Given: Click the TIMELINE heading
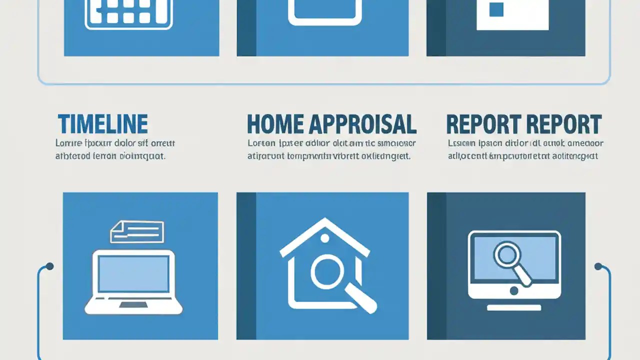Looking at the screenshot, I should point(102,124).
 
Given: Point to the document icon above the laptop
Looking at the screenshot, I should point(137,231).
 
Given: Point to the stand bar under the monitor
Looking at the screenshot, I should point(514,307).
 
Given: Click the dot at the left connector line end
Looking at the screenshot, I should point(49,266).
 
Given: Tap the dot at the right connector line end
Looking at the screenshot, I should point(598,266).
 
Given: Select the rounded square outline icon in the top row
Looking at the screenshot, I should point(324,12).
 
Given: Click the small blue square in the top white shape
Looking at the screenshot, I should point(496,9).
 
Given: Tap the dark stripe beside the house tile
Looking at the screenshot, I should point(246,266).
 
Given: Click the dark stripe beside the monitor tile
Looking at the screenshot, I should point(436,266).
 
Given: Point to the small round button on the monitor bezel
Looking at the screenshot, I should point(514,290).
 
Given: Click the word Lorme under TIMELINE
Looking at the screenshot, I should point(67,144).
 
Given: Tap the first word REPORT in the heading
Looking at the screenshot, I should point(480,124).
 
